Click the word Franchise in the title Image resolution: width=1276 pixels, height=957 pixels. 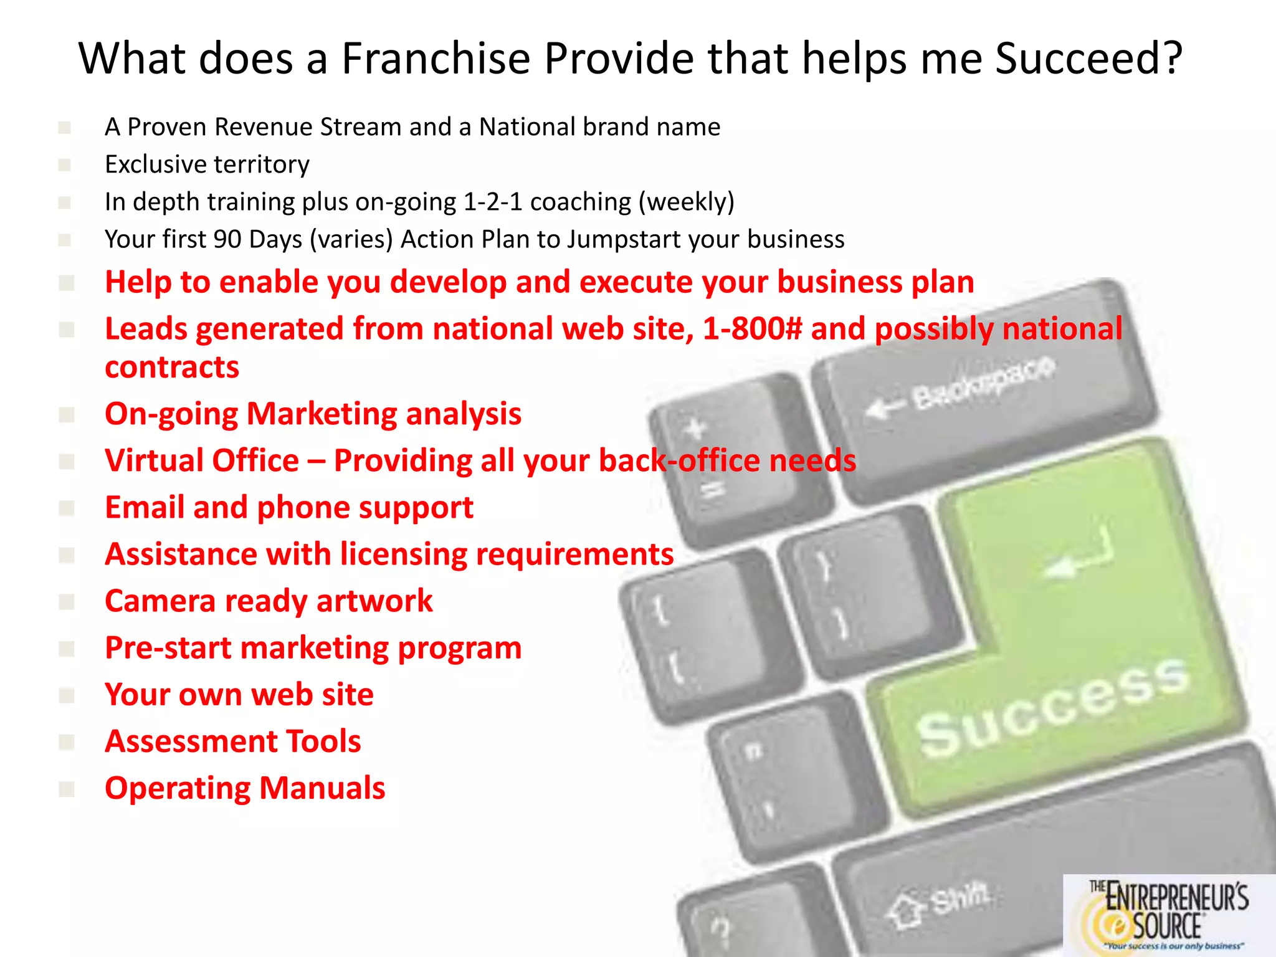[436, 59]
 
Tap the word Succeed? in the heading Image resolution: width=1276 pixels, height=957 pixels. [1088, 59]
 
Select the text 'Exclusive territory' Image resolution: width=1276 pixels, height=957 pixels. [207, 164]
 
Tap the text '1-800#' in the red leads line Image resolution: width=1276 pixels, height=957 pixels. [752, 328]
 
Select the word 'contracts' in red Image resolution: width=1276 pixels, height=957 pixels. [172, 367]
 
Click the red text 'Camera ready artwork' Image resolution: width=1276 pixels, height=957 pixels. [269, 601]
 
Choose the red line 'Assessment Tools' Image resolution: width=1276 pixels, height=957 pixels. [233, 741]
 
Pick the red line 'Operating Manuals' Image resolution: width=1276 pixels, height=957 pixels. [245, 788]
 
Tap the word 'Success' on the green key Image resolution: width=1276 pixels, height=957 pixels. [1053, 707]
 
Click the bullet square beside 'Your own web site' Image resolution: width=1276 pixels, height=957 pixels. [66, 695]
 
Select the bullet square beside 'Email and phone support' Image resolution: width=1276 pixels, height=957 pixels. [66, 508]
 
